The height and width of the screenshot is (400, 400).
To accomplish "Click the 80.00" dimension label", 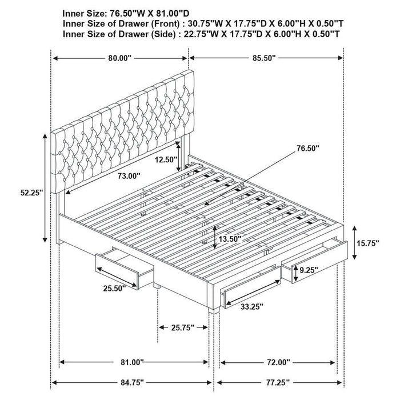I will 120,58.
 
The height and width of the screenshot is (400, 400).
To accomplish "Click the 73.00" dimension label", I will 129,177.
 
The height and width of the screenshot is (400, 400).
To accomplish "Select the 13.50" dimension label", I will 230,238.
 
